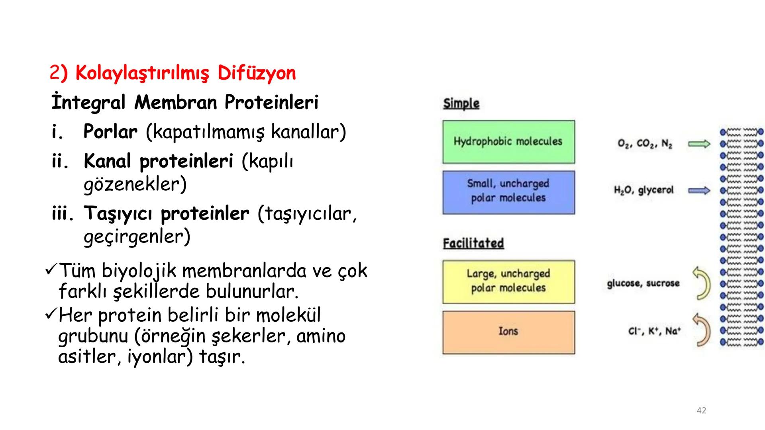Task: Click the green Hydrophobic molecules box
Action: pyautogui.click(x=508, y=142)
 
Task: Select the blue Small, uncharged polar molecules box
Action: pyautogui.click(x=508, y=192)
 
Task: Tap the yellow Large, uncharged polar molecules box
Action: pyautogui.click(x=508, y=282)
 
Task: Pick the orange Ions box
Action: pyautogui.click(x=508, y=332)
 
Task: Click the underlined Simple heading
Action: pyautogui.click(x=461, y=104)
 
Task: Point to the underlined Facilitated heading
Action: pyautogui.click(x=473, y=243)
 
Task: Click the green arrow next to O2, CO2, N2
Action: pyautogui.click(x=699, y=144)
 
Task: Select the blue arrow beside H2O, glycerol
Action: pyautogui.click(x=699, y=191)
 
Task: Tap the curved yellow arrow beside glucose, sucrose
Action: pyautogui.click(x=702, y=283)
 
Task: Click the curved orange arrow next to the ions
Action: pyautogui.click(x=702, y=330)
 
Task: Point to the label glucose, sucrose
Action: pyautogui.click(x=643, y=283)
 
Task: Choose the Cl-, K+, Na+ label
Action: pyautogui.click(x=655, y=331)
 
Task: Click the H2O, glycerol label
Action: pyautogui.click(x=643, y=190)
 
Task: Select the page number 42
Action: pyautogui.click(x=701, y=410)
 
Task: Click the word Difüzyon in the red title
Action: pyautogui.click(x=257, y=73)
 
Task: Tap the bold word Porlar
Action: pyautogui.click(x=110, y=132)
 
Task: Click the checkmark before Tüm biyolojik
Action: pyautogui.click(x=51, y=271)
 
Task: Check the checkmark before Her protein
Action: pyautogui.click(x=51, y=315)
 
